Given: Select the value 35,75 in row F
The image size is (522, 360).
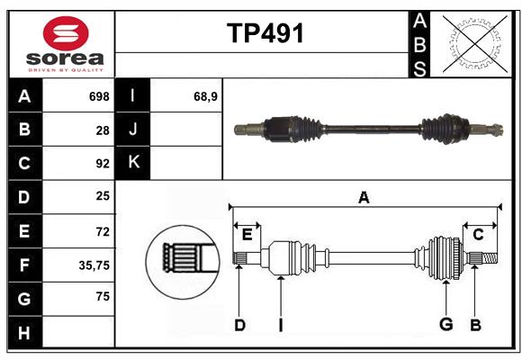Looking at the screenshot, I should point(94,265).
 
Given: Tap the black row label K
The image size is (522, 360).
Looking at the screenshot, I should point(133,163).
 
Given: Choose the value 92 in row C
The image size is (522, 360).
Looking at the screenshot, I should point(102,164).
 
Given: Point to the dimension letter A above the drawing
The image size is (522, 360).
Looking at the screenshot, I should point(364,197).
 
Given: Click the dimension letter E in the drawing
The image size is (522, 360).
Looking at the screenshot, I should point(247,235).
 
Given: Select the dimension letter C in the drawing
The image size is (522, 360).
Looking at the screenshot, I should point(478,235).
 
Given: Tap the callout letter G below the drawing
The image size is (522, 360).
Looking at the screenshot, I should point(445,324).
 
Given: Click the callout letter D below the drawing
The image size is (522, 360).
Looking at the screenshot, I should point(239,324).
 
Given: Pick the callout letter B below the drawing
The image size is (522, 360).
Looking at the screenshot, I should point(475,324).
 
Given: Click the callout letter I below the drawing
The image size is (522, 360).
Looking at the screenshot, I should point(280,324).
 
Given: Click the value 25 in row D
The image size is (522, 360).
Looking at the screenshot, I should point(102,197).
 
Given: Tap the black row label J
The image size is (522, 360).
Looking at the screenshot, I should point(133,130).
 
